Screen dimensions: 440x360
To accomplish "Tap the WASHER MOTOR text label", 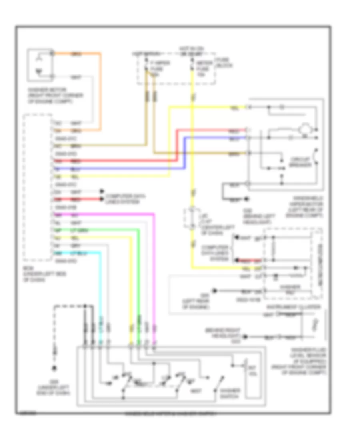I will [50, 96].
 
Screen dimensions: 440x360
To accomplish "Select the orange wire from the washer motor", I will [100, 92].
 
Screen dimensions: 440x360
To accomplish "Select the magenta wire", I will [154, 280].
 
